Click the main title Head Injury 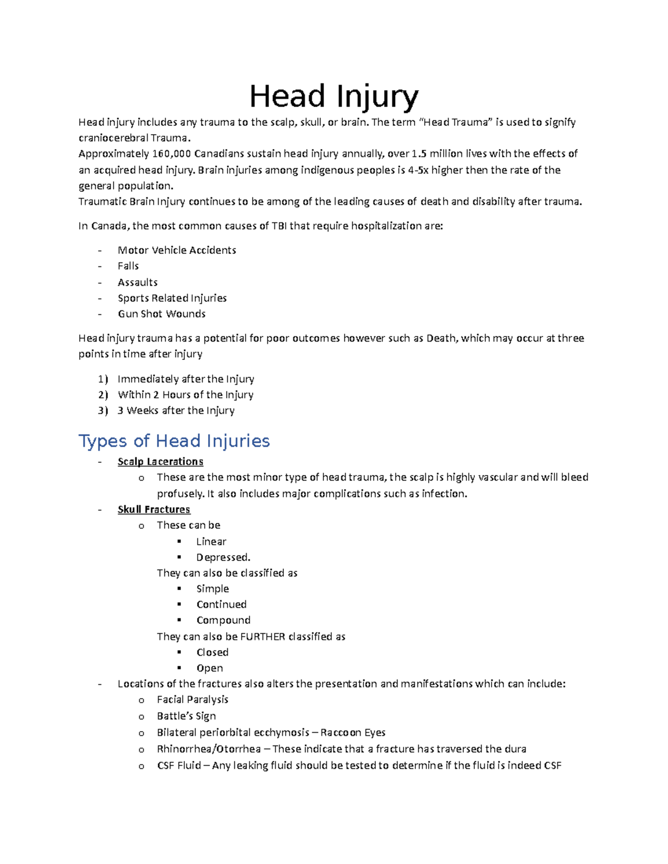(333, 96)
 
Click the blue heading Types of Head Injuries (174, 441)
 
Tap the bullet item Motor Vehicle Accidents (176, 250)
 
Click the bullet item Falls (128, 266)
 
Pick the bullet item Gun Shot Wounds (161, 314)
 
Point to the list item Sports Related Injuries (172, 298)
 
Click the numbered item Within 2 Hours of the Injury (185, 395)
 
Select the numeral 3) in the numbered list (102, 411)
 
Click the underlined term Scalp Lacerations (160, 462)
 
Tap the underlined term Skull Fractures (154, 510)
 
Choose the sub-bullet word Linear (211, 542)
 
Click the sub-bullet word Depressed (223, 557)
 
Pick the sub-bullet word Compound (223, 620)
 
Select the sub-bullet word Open (209, 668)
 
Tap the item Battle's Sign (186, 716)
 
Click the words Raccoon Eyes (353, 733)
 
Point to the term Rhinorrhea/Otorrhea (209, 749)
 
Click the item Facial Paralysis (193, 700)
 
